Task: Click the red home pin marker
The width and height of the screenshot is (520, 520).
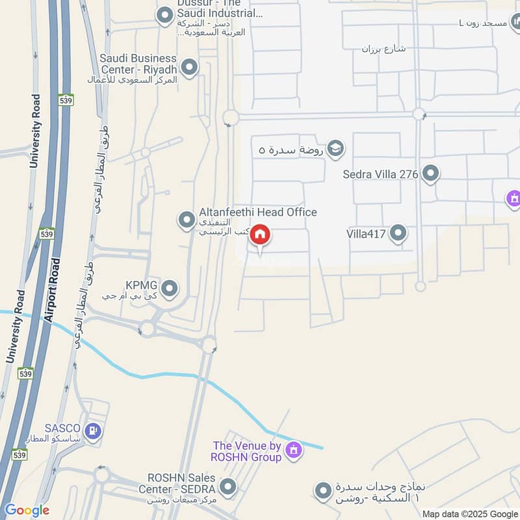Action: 260,235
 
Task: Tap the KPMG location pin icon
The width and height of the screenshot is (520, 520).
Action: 169,287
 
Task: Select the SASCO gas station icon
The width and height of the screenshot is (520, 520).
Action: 94,430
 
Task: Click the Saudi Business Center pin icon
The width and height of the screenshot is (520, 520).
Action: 189,66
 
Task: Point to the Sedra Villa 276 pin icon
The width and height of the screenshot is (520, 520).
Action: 430,174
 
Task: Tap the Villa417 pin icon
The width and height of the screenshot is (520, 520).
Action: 398,233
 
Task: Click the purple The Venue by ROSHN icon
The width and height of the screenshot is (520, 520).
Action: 294,449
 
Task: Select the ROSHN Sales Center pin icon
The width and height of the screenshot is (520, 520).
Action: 227,486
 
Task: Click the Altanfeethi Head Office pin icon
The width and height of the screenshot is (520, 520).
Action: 187,220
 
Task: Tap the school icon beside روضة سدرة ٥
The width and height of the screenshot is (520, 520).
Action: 335,149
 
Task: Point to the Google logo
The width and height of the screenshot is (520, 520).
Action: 27,510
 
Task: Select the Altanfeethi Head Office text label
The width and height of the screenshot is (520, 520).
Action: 258,213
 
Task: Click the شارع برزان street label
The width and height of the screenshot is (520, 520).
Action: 383,49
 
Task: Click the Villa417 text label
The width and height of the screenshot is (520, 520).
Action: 366,233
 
